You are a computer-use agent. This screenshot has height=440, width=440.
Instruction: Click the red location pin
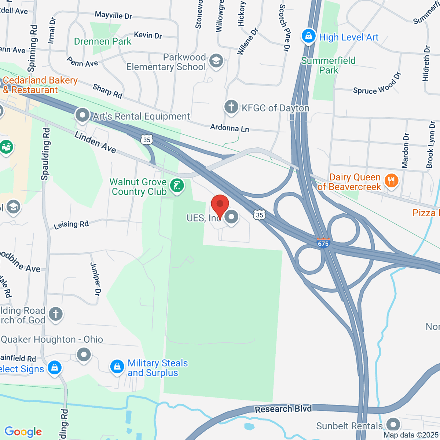click(220, 205)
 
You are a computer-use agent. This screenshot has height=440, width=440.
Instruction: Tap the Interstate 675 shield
click(323, 243)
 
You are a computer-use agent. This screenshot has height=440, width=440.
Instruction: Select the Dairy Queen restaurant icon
click(392, 181)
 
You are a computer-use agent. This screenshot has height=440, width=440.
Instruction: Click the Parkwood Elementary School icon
click(216, 61)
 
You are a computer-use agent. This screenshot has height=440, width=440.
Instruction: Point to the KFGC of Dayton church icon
click(231, 107)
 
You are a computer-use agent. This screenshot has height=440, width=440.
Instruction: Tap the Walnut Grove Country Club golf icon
click(177, 186)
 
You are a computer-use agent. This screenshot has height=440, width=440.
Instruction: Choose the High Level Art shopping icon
click(308, 37)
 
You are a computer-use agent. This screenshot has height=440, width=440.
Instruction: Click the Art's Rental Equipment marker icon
click(82, 115)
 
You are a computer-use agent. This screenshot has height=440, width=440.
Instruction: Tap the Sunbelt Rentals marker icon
click(393, 425)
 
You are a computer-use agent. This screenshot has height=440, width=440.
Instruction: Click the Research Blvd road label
click(283, 409)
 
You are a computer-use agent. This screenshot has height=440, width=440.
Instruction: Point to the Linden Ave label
click(95, 142)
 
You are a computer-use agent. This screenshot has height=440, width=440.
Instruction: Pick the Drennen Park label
click(103, 41)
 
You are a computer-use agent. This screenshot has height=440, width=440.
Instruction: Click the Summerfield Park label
click(328, 65)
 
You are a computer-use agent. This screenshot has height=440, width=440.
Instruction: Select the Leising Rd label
click(71, 224)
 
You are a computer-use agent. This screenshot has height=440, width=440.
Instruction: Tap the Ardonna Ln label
click(230, 128)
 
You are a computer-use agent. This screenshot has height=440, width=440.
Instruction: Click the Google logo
click(23, 432)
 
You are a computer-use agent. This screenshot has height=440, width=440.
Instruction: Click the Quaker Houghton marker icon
click(84, 355)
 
